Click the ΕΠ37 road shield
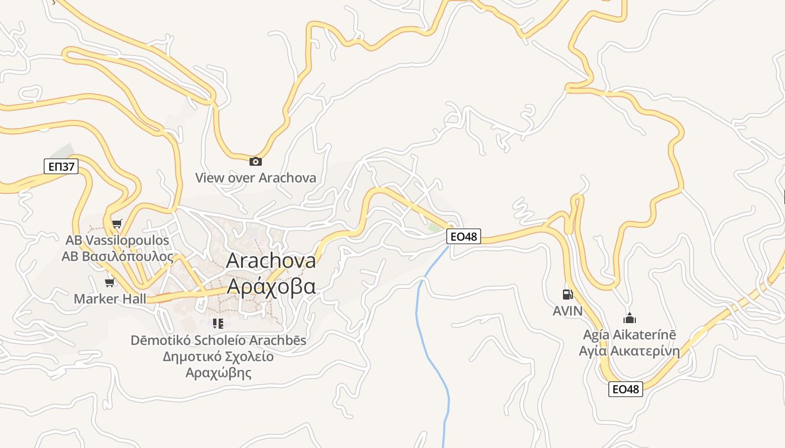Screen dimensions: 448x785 click(x=61, y=166)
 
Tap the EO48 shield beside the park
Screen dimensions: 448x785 click(x=464, y=236)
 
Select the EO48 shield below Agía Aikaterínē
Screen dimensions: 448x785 click(x=625, y=389)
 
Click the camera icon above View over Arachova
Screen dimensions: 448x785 click(x=256, y=161)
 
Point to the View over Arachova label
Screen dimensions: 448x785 click(x=256, y=178)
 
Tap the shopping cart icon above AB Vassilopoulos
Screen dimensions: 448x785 click(x=117, y=224)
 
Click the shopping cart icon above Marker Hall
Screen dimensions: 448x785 click(x=110, y=282)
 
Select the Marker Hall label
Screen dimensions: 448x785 click(x=110, y=298)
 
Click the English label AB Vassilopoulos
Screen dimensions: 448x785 click(x=117, y=240)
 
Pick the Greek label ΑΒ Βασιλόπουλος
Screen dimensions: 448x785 click(x=117, y=256)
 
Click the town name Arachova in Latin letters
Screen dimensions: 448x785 click(x=271, y=260)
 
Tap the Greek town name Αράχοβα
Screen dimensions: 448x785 click(x=271, y=286)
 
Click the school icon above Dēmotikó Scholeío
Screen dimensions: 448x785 click(x=218, y=324)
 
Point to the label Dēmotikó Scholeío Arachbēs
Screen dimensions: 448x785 click(x=219, y=340)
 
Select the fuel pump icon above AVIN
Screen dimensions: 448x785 click(x=567, y=294)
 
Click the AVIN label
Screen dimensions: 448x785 click(x=567, y=311)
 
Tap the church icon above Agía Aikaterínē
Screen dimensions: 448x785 click(x=630, y=318)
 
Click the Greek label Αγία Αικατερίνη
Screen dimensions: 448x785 click(x=630, y=352)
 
